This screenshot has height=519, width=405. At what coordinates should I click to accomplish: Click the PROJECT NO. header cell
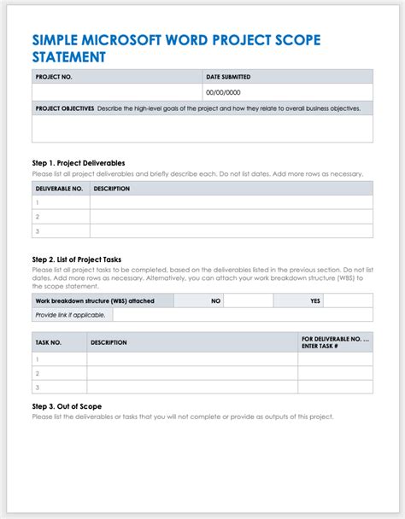(53, 77)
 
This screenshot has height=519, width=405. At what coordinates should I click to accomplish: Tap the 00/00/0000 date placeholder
(223, 92)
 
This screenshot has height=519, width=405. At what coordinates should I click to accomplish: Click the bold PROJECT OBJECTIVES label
(64, 108)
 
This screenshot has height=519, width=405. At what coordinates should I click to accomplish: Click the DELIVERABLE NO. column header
(59, 188)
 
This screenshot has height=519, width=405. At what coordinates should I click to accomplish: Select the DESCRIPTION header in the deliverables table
(111, 188)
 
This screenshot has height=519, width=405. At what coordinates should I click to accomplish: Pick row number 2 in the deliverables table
(38, 217)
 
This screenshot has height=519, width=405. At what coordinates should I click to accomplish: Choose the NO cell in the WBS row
(216, 300)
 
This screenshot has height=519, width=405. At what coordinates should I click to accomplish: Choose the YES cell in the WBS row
(315, 300)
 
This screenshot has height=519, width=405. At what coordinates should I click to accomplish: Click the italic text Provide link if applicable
(70, 315)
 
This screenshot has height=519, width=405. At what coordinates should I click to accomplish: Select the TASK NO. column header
(49, 342)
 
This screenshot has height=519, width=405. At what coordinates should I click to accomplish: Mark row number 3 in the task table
(38, 388)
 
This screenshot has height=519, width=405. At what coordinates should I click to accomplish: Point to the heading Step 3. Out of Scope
(67, 407)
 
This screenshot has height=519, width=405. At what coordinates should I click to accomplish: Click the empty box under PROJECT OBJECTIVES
(202, 128)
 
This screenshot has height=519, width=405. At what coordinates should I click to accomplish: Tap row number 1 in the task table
(38, 359)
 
